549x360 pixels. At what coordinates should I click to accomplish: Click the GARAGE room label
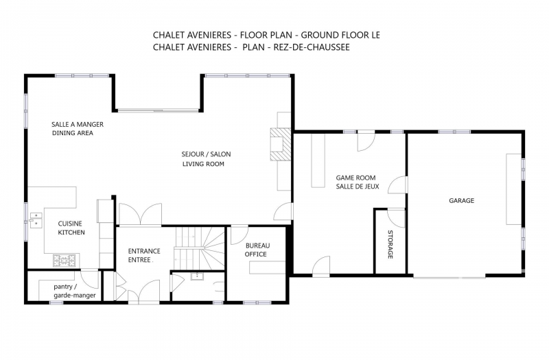coord(461,200)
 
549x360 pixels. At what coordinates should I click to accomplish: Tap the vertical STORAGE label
coord(390,244)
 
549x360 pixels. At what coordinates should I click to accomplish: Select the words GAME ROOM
coord(355,178)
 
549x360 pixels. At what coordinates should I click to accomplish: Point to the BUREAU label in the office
coord(257,245)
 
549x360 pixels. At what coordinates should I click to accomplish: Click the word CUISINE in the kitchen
coord(70,224)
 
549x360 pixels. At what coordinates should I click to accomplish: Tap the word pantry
coord(63,287)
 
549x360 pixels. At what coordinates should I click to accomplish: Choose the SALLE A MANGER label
coord(78,124)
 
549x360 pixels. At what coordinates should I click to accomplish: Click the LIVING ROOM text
coord(203,164)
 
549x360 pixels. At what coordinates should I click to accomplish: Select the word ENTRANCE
coord(144,251)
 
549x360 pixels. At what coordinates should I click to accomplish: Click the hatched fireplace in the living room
coord(281,144)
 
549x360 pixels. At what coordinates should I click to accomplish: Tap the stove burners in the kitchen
coord(64,261)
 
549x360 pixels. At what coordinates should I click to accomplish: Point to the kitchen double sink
coord(36,220)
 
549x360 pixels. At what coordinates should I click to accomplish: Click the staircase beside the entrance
coord(200,248)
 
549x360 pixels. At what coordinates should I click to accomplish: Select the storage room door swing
coord(396,217)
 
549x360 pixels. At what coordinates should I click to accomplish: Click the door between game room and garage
coord(398,184)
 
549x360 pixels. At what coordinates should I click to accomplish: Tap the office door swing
coord(239,235)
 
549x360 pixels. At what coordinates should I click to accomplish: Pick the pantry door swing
coord(89,279)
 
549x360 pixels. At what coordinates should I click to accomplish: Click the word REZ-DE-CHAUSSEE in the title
coord(312,47)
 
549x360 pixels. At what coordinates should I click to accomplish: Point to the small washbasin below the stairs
coord(197,276)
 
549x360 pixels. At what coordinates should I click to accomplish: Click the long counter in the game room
coord(318,160)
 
